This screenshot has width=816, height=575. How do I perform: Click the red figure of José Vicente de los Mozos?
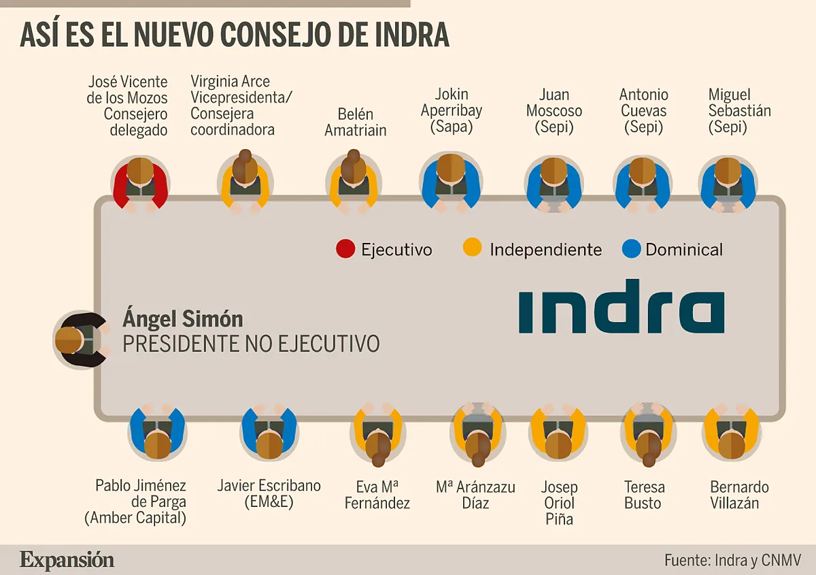[x=140, y=181]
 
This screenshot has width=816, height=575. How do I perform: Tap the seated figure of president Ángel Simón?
[x=80, y=340]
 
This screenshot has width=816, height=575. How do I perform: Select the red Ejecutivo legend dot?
[x=345, y=250]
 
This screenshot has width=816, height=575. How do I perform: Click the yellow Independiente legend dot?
[x=473, y=250]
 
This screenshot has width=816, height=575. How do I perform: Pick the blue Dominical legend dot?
[x=631, y=250]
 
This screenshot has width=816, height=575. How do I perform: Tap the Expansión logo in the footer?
[x=67, y=560]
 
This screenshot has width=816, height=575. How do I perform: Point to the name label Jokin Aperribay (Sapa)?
[x=452, y=110]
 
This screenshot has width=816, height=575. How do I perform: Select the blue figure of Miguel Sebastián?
[x=728, y=181]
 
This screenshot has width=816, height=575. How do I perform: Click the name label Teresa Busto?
[x=643, y=495]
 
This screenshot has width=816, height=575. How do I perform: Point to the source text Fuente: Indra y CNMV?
[x=733, y=561]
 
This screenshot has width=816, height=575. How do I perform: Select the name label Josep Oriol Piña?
[x=559, y=504]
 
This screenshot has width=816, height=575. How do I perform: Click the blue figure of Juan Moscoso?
[x=554, y=181]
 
